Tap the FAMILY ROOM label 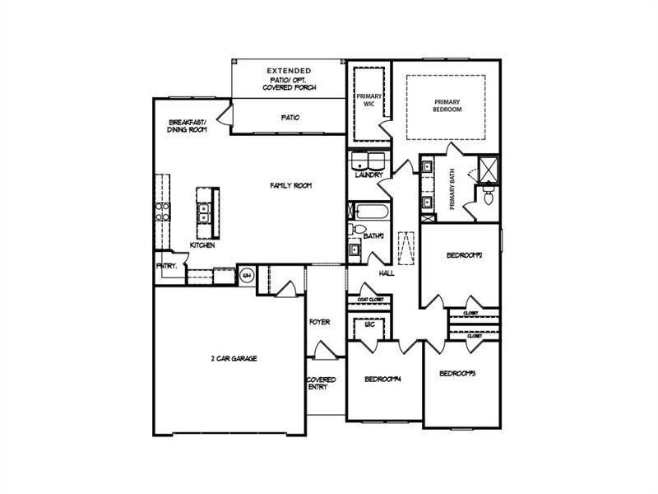(x=291, y=185)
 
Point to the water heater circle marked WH (x=246, y=276)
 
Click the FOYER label (x=319, y=322)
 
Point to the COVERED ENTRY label (x=321, y=384)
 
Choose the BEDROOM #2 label (x=464, y=255)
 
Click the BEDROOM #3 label (x=458, y=374)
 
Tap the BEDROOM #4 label (x=383, y=380)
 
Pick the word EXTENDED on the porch (x=289, y=72)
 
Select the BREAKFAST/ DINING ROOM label (x=188, y=125)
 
